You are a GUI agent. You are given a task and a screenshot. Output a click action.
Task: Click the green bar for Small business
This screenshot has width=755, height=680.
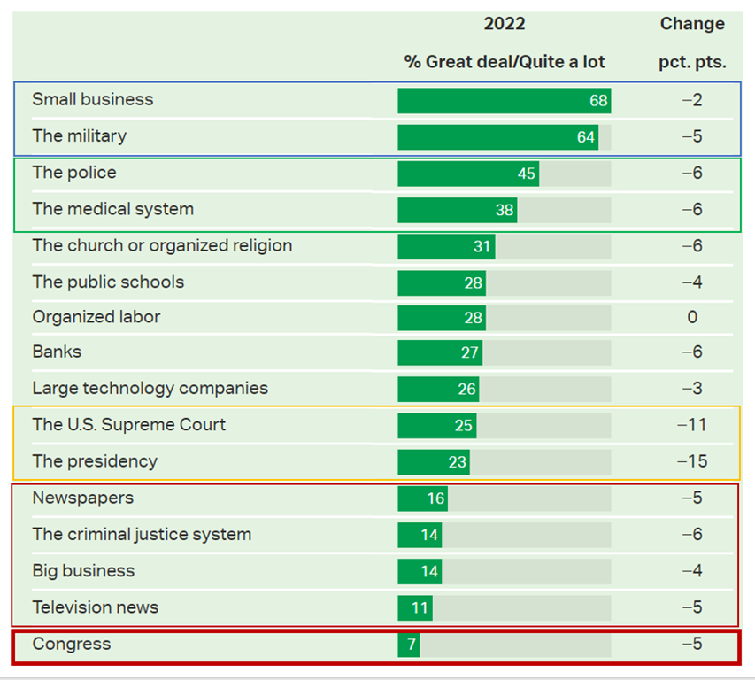tap(504, 101)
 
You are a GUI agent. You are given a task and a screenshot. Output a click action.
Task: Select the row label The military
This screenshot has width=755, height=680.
tap(80, 136)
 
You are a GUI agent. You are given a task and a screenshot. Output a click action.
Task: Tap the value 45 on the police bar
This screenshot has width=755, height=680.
tap(527, 174)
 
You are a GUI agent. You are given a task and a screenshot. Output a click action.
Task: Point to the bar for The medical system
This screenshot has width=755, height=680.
tap(457, 210)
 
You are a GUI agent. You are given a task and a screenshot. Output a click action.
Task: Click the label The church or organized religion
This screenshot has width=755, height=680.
tap(162, 245)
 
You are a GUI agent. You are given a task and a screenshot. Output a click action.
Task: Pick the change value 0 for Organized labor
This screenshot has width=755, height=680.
tap(692, 317)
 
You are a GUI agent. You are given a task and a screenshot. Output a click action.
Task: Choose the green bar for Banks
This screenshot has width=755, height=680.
tap(440, 353)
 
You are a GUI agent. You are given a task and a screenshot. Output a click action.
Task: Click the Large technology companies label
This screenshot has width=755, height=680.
tap(150, 388)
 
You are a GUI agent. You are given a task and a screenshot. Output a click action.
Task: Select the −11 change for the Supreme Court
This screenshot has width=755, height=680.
tap(691, 425)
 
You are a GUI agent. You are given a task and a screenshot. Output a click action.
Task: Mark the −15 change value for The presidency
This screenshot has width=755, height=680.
tap(691, 461)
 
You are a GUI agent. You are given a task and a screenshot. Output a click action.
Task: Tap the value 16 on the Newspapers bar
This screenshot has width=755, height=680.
tap(435, 498)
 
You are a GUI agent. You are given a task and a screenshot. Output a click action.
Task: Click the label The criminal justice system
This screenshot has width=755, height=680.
tap(142, 534)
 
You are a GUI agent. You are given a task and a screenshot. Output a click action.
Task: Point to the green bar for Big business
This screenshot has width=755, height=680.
tap(420, 571)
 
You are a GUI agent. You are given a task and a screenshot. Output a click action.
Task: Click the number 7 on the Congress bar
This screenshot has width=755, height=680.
tap(411, 645)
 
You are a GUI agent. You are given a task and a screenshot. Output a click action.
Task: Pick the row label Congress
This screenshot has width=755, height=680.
tap(72, 644)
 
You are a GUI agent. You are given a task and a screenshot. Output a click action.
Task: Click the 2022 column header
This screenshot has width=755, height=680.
tap(505, 24)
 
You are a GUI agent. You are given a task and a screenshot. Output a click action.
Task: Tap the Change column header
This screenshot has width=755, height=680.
tap(692, 24)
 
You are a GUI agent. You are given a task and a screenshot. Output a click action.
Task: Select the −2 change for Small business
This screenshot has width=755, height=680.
tap(692, 100)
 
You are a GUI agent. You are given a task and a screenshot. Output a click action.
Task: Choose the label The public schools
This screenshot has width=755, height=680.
tap(108, 282)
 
